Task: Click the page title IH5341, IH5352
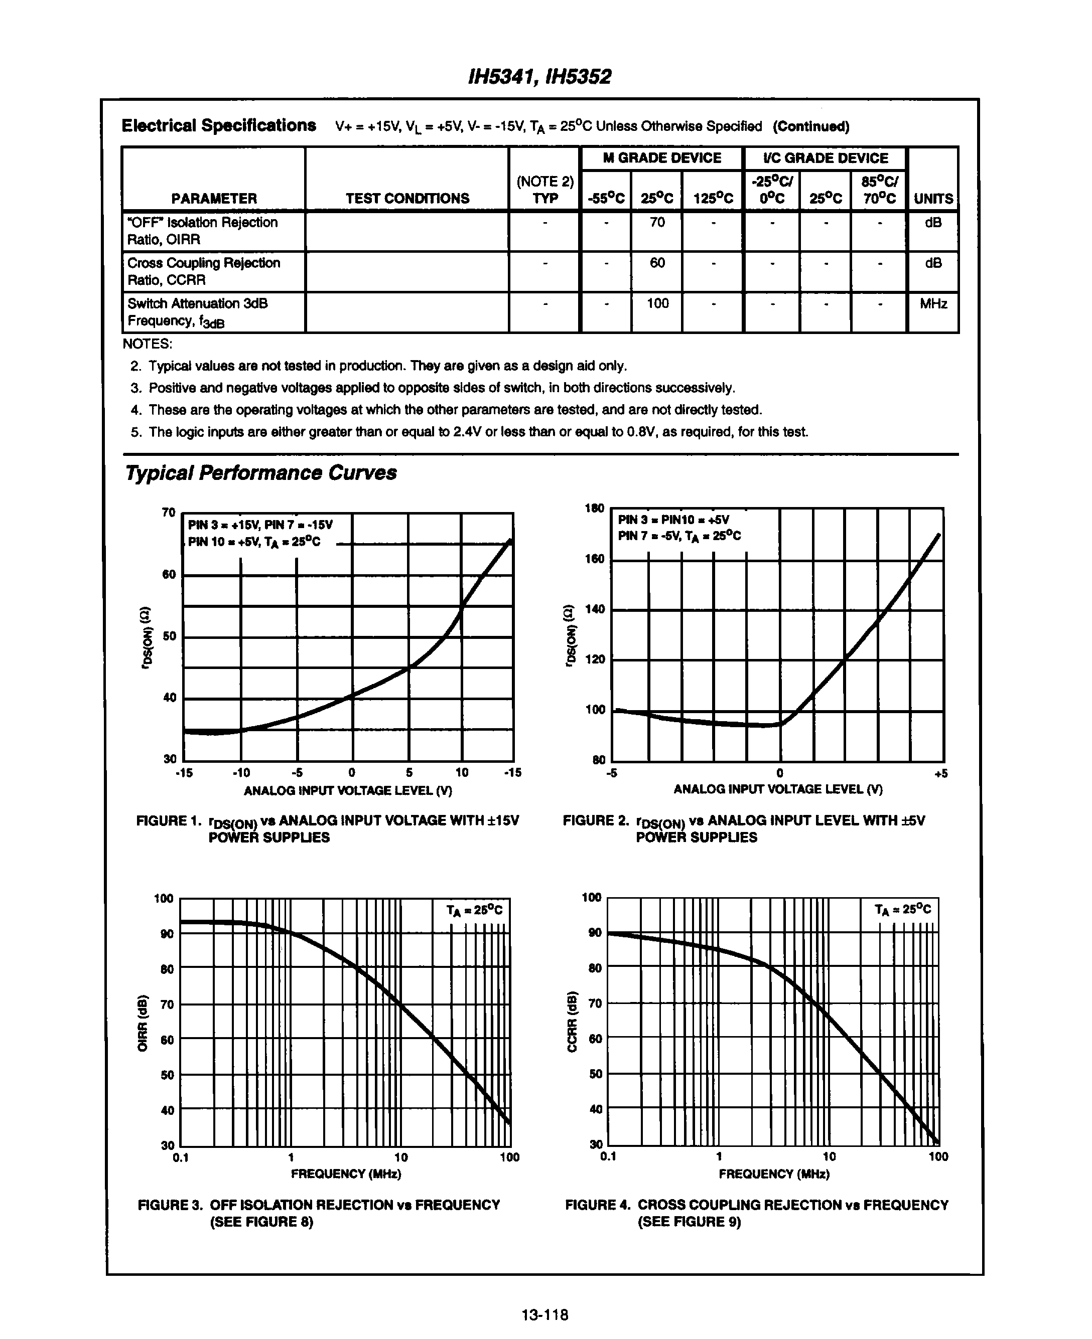[539, 77]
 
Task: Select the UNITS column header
[933, 199]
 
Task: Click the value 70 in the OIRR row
[657, 223]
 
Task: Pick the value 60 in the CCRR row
[657, 263]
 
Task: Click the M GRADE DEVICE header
[662, 158]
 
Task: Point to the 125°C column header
[713, 199]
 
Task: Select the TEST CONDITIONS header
[407, 199]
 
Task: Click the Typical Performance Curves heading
[260, 473]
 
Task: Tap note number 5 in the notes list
[135, 432]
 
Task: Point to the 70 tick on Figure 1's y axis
[169, 513]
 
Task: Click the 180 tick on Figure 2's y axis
[595, 508]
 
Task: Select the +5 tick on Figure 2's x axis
[940, 774]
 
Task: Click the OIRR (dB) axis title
[143, 1023]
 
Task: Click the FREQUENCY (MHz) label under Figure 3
[345, 1174]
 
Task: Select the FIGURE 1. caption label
[166, 821]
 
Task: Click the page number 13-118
[544, 1314]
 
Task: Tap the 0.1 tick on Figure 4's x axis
[608, 1156]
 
